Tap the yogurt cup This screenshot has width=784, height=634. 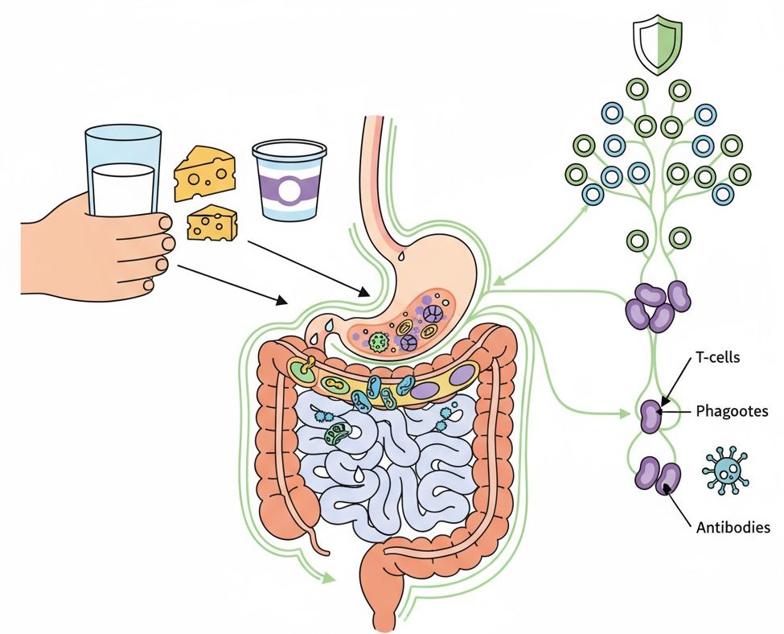tap(289, 181)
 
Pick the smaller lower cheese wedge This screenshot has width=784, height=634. tap(211, 223)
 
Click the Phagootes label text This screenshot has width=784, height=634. tap(731, 411)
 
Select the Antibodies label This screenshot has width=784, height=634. tap(733, 528)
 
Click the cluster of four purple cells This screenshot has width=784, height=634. tap(657, 305)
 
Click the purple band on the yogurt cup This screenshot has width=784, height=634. tap(289, 188)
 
